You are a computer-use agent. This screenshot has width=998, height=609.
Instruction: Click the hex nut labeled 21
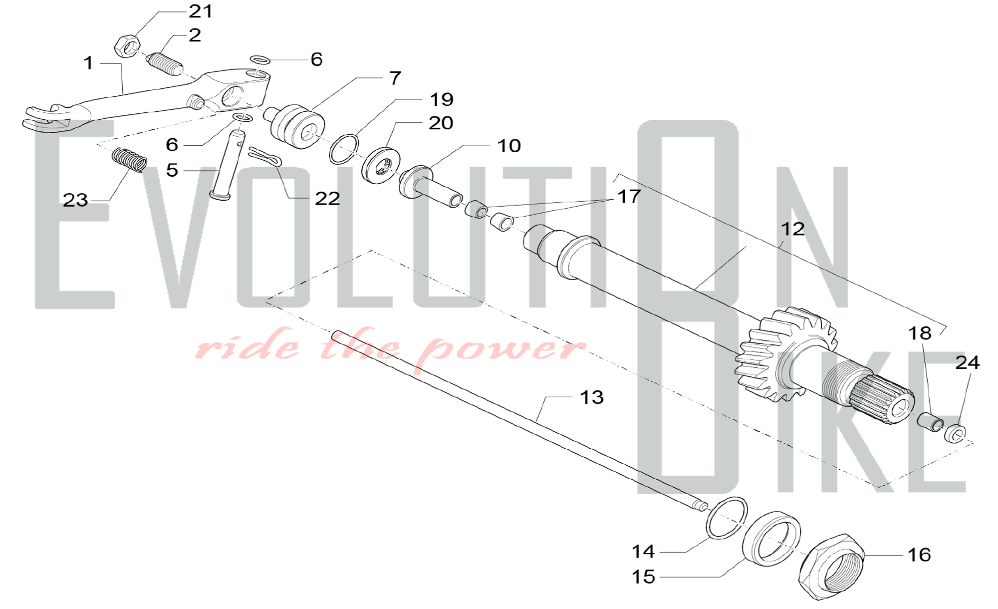pyautogui.click(x=127, y=46)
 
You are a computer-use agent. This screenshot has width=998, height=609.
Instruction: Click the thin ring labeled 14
pyautogui.click(x=727, y=518)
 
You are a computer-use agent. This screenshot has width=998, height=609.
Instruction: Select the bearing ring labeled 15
pyautogui.click(x=771, y=539)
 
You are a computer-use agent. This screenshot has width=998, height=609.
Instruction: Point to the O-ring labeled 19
pyautogui.click(x=344, y=148)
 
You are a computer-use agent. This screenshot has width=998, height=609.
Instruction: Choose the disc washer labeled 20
pyautogui.click(x=382, y=165)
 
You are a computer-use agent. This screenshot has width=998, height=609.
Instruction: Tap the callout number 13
pyautogui.click(x=592, y=397)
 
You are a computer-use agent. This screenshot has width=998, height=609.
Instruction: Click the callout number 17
pyautogui.click(x=629, y=196)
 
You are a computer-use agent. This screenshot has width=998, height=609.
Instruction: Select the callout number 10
pyautogui.click(x=509, y=146)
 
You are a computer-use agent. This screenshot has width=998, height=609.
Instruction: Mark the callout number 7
pyautogui.click(x=395, y=78)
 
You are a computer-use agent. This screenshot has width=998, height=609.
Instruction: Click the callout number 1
pyautogui.click(x=88, y=63)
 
